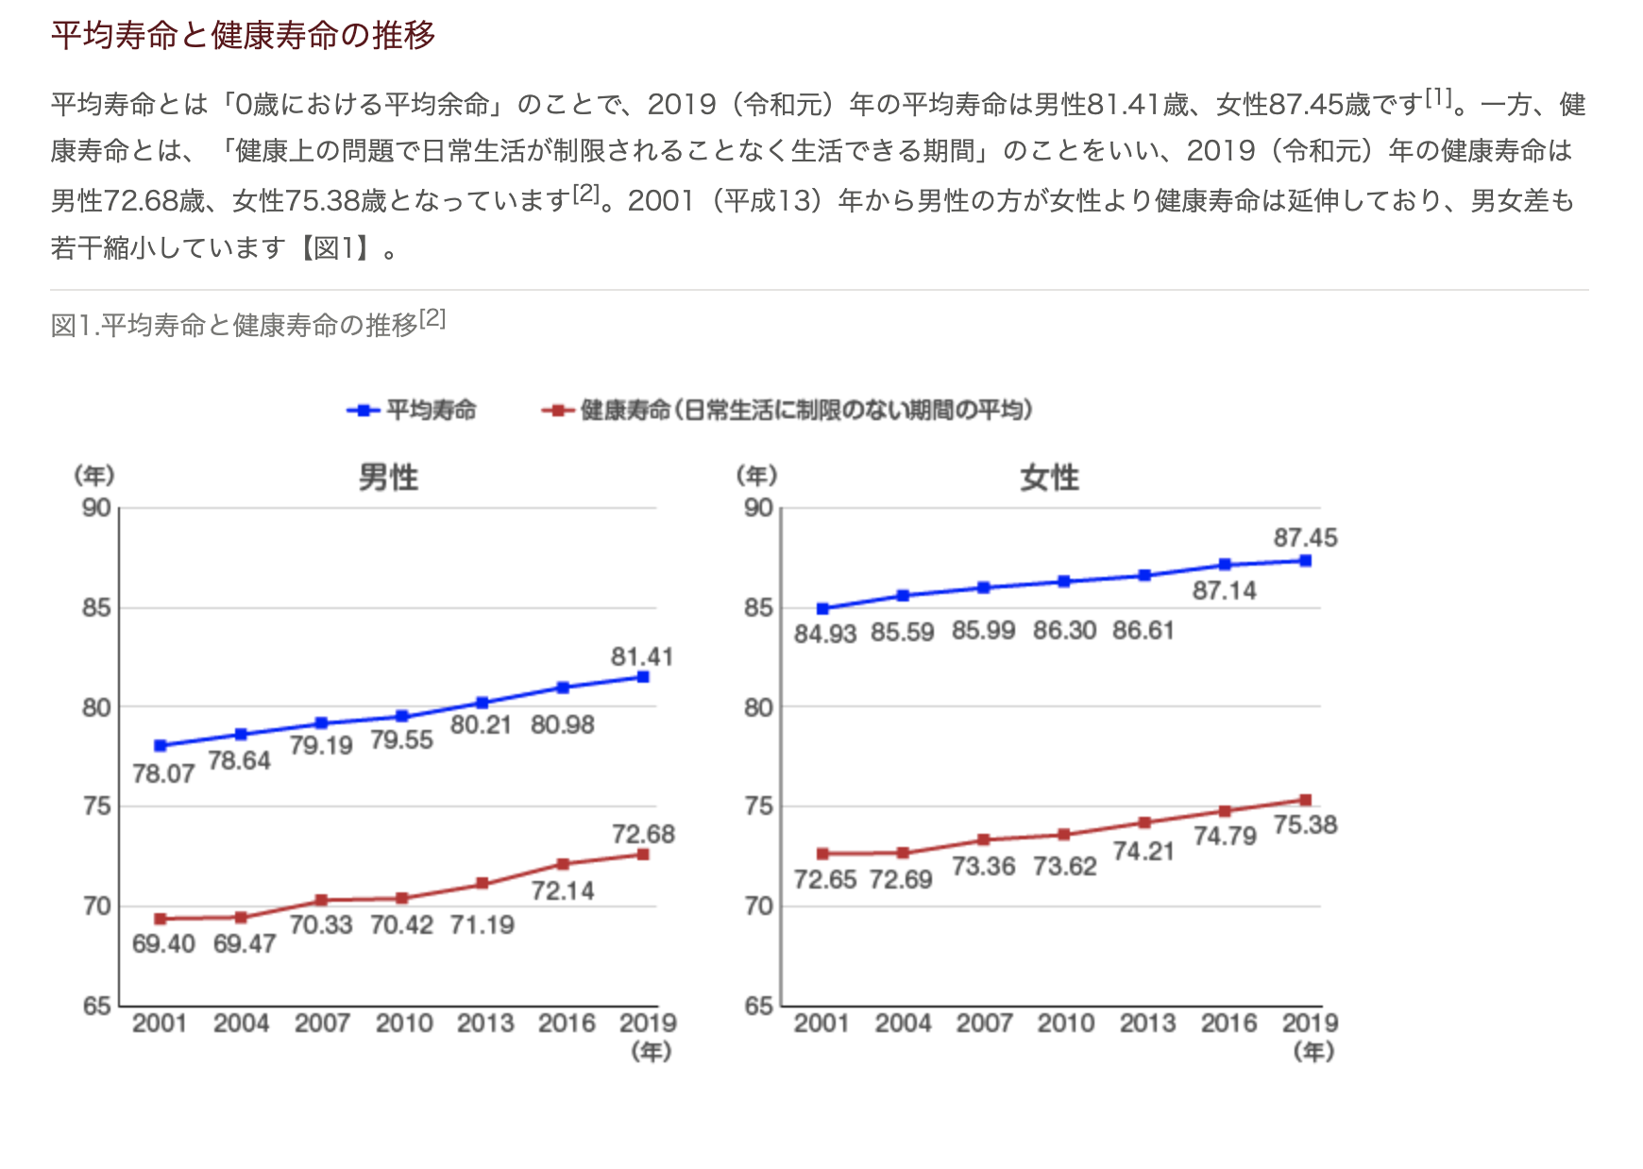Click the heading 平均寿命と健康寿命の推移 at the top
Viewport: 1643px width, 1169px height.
pos(243,35)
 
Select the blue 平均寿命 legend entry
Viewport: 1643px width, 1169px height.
pos(413,410)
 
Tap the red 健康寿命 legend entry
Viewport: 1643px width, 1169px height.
pos(788,410)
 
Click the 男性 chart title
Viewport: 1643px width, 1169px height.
pos(388,477)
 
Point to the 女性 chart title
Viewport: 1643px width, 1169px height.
pos(1049,477)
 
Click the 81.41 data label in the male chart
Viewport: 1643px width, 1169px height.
pos(642,656)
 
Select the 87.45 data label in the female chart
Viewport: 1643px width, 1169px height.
pos(1305,537)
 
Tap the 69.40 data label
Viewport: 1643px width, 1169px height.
pos(163,943)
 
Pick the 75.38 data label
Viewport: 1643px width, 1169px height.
pos(1305,824)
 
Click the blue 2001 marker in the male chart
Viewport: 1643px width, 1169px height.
pos(161,746)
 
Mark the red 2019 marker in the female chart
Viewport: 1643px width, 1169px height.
pos(1306,800)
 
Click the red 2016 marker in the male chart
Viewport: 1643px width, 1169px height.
pos(563,864)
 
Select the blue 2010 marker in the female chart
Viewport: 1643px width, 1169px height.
pos(1064,582)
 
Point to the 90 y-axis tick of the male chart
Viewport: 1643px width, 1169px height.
pos(96,508)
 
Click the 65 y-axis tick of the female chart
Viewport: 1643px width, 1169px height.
pos(758,1006)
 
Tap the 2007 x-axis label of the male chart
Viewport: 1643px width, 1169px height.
pos(322,1023)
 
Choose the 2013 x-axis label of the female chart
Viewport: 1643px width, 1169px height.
pos(1147,1023)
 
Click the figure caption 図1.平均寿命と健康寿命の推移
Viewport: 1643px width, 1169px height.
pos(234,325)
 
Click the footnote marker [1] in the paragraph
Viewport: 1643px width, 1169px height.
pos(1438,96)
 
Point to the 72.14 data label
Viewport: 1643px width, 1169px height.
pos(563,890)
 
